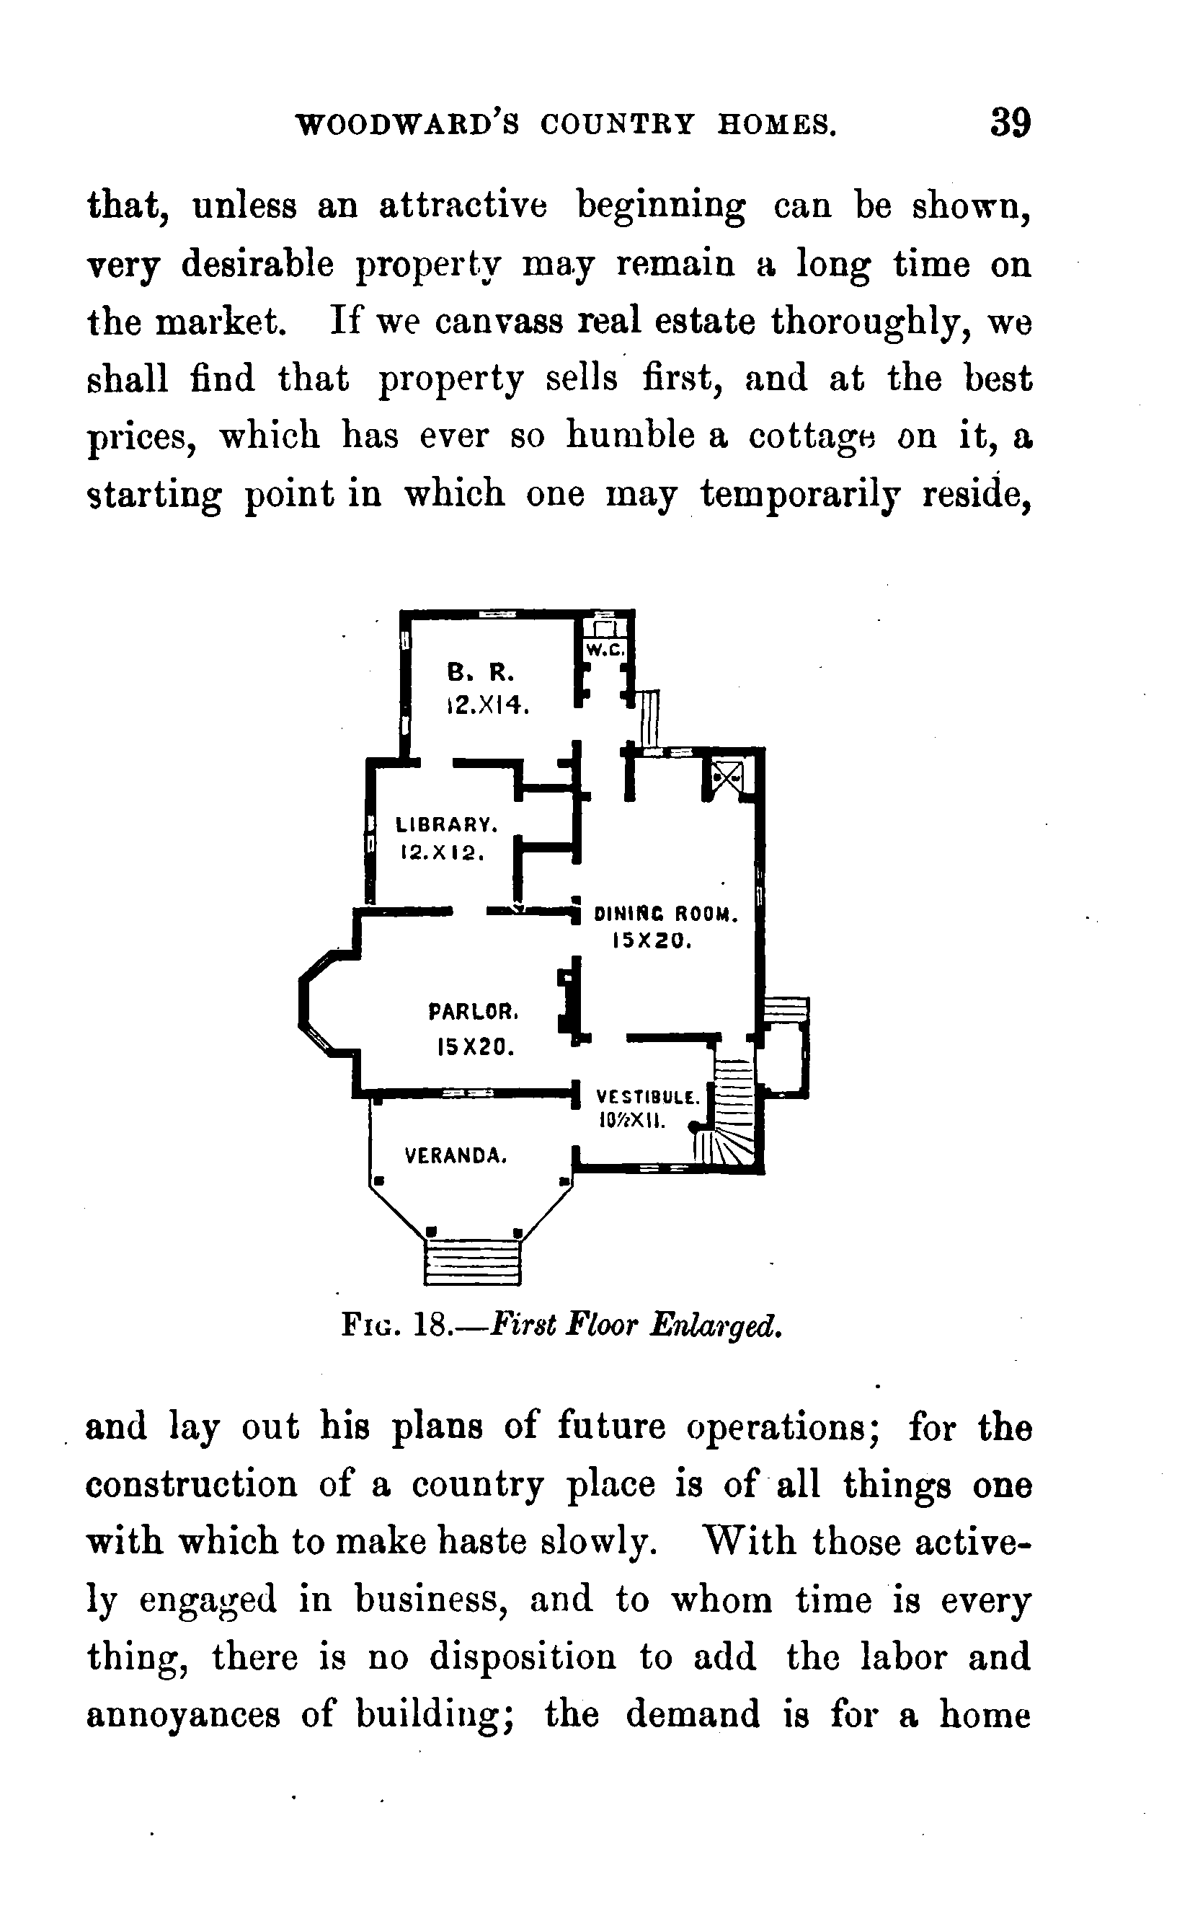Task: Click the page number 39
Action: click(x=1011, y=123)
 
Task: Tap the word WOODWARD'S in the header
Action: click(x=409, y=125)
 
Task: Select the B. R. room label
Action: click(x=480, y=671)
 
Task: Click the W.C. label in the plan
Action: click(x=604, y=650)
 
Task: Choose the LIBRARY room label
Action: click(x=446, y=824)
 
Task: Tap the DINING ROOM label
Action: click(x=665, y=914)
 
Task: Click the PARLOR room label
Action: click(x=474, y=1012)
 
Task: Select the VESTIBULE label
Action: click(x=648, y=1098)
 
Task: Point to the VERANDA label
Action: click(x=456, y=1156)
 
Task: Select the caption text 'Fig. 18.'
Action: click(x=397, y=1325)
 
